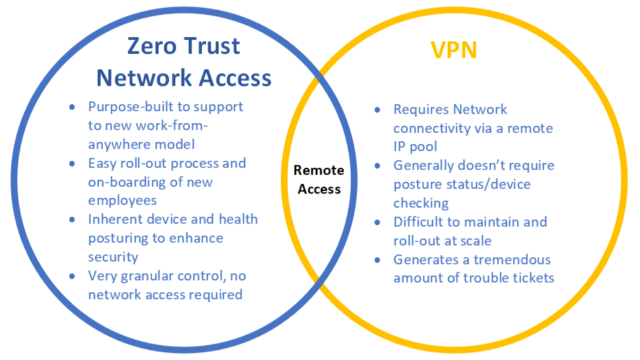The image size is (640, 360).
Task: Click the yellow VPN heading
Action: pyautogui.click(x=453, y=50)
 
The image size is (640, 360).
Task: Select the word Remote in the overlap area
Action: pyautogui.click(x=319, y=170)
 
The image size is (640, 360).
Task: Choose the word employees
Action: pyautogui.click(x=122, y=201)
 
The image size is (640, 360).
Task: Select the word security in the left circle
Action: pyautogui.click(x=113, y=257)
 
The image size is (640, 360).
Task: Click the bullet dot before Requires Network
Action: pyautogui.click(x=377, y=110)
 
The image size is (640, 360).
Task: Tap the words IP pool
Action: pyautogui.click(x=415, y=147)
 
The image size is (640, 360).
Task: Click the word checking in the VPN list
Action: pyautogui.click(x=421, y=203)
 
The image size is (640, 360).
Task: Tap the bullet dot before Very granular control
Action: pyautogui.click(x=72, y=276)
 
